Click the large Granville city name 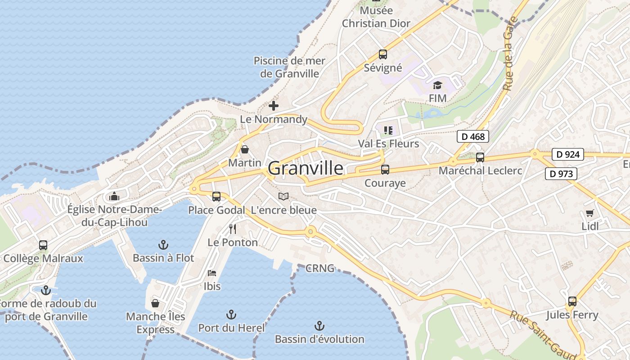coord(306,168)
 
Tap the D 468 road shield coord(472,136)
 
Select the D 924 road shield coord(567,154)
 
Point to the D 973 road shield coord(561,174)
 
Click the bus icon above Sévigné coord(382,54)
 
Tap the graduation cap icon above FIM coord(437,85)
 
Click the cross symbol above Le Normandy coord(273,106)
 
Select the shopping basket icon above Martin coord(244,149)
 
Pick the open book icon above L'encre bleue coord(283,196)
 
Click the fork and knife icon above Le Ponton coord(233,229)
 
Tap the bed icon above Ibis coord(212,273)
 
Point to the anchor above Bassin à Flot coord(163,245)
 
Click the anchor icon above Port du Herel coord(231,315)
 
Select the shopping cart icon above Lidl coord(589,213)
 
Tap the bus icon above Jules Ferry coord(572,301)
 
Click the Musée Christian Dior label coord(376,17)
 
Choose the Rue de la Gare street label coord(509,54)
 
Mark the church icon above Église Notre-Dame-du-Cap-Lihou coord(114,196)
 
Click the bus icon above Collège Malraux coord(43,245)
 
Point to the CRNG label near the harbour coord(320,269)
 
